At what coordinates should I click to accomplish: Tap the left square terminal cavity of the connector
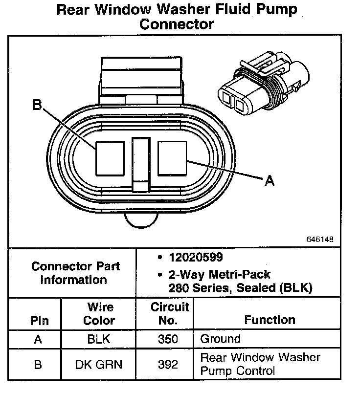110,157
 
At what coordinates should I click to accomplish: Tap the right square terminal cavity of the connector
172,157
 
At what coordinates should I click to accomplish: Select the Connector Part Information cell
75,273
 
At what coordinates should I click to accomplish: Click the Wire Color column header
100,314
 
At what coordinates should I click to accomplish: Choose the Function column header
270,320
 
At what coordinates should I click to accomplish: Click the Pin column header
39,321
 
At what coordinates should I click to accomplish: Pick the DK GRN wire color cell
100,364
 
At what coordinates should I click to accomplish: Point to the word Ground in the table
221,339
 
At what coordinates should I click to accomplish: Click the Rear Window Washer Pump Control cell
260,364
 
